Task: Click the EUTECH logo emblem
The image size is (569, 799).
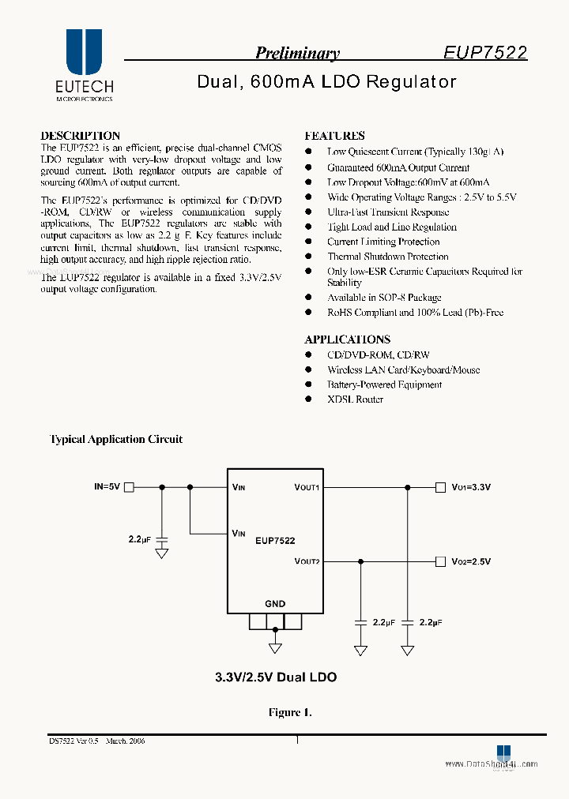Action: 84,53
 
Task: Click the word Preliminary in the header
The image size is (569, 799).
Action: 297,54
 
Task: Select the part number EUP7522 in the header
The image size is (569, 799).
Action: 484,53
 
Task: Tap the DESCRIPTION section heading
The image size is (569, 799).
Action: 80,136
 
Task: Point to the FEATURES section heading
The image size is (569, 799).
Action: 334,136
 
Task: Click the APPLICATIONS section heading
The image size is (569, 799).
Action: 347,339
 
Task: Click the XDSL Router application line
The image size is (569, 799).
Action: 355,399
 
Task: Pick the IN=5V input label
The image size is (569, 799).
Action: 107,487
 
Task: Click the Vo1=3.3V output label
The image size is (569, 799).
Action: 471,488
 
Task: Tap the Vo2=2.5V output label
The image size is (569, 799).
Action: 471,561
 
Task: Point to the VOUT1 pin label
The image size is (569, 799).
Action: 307,488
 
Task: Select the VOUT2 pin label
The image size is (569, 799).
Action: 307,561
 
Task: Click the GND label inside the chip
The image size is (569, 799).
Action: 275,604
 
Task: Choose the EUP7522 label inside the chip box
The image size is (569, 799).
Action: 275,541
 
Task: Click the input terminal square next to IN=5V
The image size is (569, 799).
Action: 129,487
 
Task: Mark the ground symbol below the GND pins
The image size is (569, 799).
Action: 275,648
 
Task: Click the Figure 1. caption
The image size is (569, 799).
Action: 290,712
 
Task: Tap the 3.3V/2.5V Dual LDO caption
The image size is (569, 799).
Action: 276,677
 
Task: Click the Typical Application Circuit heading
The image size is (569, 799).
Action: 116,439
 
